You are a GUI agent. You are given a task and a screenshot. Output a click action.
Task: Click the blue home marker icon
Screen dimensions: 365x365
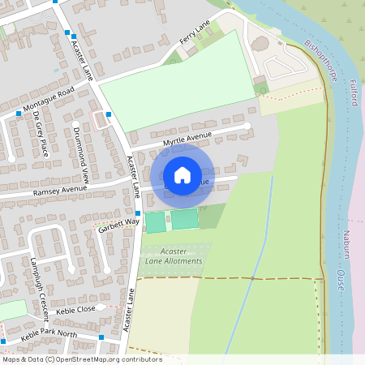point(182,175)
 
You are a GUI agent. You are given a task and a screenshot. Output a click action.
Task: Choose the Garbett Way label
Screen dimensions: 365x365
point(119,222)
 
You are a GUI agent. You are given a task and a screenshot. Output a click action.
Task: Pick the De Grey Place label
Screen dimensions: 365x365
point(40,134)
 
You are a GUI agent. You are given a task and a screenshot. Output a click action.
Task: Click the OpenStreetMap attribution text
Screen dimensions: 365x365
point(81,359)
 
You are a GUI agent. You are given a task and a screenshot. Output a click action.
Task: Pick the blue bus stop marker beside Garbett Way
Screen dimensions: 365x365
point(138,212)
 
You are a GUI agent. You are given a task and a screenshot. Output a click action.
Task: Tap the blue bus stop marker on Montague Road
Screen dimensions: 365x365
point(18,114)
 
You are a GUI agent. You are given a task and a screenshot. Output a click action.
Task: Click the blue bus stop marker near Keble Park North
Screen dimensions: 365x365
point(101,337)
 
